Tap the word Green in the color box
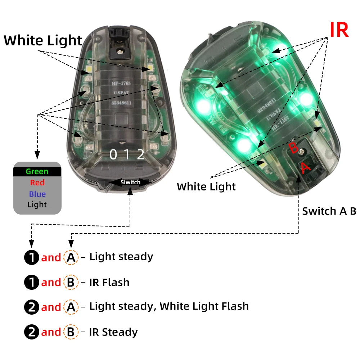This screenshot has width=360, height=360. pyautogui.click(x=37, y=172)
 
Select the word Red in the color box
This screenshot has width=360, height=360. pyautogui.click(x=37, y=183)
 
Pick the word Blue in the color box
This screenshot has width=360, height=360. pyautogui.click(x=37, y=194)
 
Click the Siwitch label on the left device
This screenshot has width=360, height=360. pyautogui.click(x=130, y=182)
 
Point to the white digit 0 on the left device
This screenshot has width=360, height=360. pyautogui.click(x=113, y=154)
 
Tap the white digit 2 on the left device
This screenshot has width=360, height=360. pyautogui.click(x=141, y=154)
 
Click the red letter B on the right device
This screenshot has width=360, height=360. pyautogui.click(x=293, y=148)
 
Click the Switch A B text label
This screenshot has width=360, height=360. pyautogui.click(x=329, y=211)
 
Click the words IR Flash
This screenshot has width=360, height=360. pyautogui.click(x=109, y=282)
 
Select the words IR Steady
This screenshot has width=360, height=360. pyautogui.click(x=113, y=332)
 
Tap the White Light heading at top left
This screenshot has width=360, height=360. pyautogui.click(x=43, y=41)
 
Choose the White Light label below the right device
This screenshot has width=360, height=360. pyautogui.click(x=206, y=187)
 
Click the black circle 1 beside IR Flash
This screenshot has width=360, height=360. pyautogui.click(x=31, y=283)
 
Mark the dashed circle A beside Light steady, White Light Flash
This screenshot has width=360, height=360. pyautogui.click(x=71, y=307)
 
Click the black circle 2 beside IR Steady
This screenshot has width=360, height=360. pyautogui.click(x=31, y=332)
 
